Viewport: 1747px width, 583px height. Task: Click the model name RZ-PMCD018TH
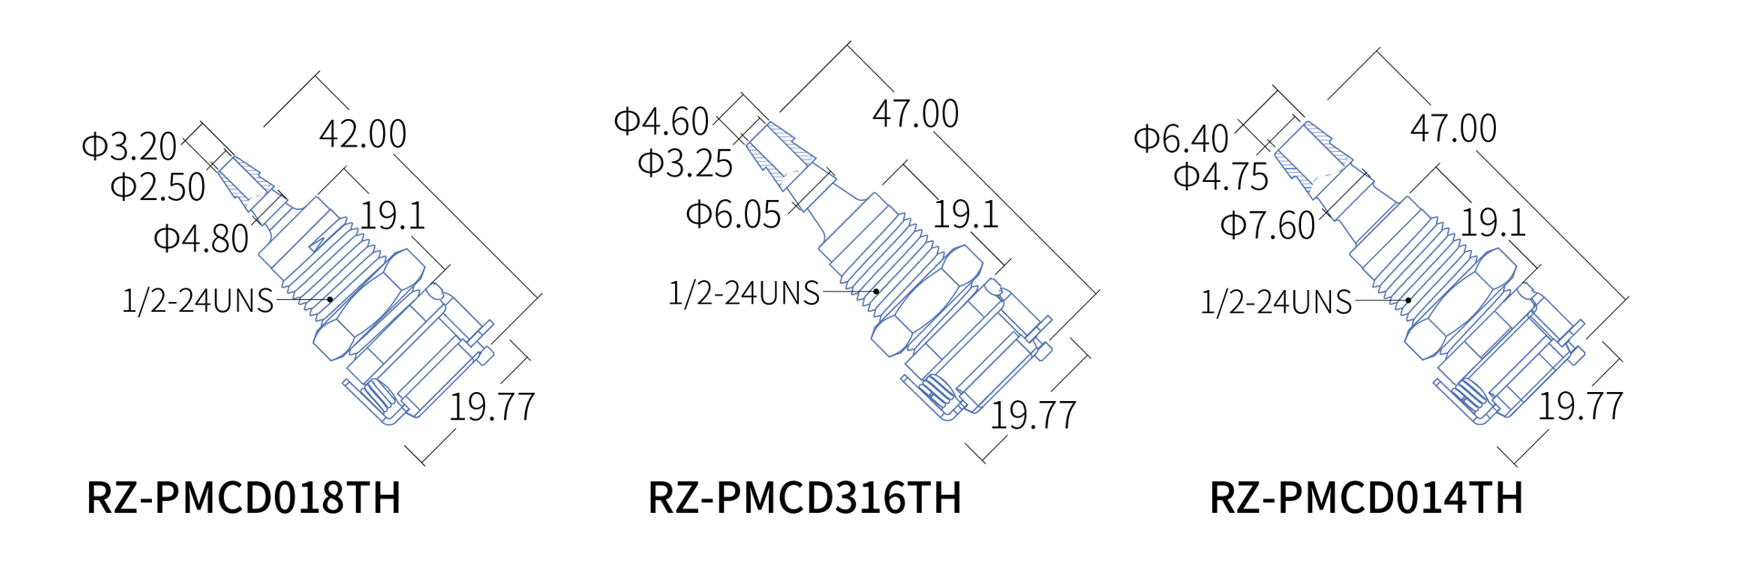pyautogui.click(x=243, y=498)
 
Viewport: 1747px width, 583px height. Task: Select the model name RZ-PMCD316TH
pyautogui.click(x=804, y=498)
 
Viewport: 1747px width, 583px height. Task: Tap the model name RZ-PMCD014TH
pyautogui.click(x=1366, y=498)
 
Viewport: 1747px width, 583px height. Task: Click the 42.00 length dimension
pyautogui.click(x=363, y=135)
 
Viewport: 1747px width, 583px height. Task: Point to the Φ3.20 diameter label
pyautogui.click(x=129, y=146)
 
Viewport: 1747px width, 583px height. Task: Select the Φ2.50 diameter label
pyautogui.click(x=157, y=187)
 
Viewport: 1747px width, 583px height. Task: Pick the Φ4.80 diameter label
pyautogui.click(x=201, y=239)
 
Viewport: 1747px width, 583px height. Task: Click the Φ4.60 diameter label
pyautogui.click(x=661, y=121)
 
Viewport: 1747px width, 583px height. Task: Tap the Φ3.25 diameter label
pyautogui.click(x=685, y=164)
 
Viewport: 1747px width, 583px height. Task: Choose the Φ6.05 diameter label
pyautogui.click(x=733, y=216)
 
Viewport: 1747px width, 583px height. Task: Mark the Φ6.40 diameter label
pyautogui.click(x=1181, y=139)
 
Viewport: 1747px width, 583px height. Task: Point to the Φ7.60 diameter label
pyautogui.click(x=1267, y=226)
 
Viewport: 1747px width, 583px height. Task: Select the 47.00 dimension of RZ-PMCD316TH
pyautogui.click(x=915, y=115)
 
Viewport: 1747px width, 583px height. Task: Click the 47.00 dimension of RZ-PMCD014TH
pyautogui.click(x=1453, y=129)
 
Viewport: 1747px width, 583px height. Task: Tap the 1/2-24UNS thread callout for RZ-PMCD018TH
pyautogui.click(x=197, y=301)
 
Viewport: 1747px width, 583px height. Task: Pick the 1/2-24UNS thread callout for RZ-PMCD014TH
pyautogui.click(x=1276, y=303)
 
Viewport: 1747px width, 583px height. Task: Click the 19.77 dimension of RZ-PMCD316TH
pyautogui.click(x=1033, y=416)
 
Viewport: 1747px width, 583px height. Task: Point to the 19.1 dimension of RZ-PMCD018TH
pyautogui.click(x=392, y=216)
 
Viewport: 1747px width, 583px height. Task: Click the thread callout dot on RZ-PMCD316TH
pyautogui.click(x=876, y=292)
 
